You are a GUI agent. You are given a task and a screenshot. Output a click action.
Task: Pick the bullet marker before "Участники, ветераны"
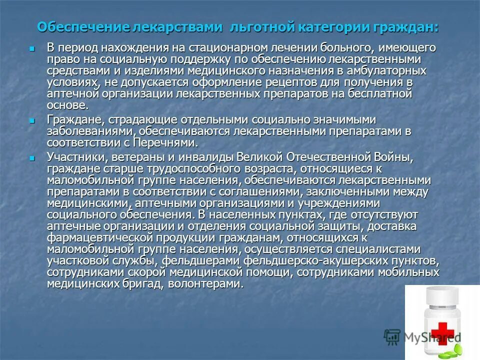[32, 158]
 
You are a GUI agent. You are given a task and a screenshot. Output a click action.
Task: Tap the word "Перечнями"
[165, 142]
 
